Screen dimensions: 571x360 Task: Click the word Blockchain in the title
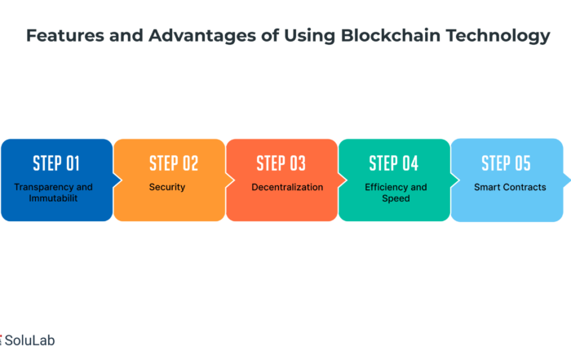[391, 36]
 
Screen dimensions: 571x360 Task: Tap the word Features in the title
[64, 36]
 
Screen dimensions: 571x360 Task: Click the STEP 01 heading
[56, 163]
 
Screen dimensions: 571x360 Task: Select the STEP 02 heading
[174, 163]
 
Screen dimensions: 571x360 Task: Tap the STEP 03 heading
[281, 163]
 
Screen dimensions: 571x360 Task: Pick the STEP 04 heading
[394, 163]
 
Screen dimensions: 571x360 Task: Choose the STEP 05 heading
[506, 163]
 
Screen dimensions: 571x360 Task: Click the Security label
[167, 187]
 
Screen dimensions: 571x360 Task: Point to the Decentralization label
[287, 187]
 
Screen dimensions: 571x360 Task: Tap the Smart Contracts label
[510, 187]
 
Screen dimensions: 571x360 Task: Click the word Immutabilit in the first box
[53, 198]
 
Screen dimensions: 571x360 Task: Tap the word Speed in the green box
[396, 198]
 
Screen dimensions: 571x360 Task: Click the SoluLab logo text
[29, 340]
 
